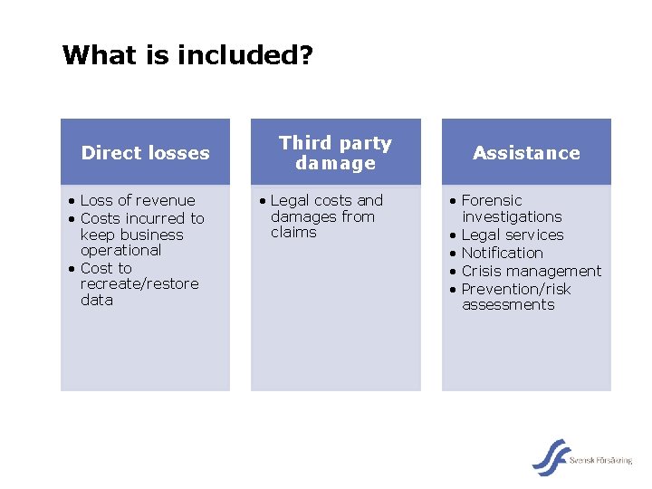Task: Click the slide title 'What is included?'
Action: (x=187, y=56)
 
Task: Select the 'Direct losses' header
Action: (x=145, y=153)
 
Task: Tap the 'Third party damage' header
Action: (x=335, y=153)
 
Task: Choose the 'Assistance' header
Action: (x=526, y=153)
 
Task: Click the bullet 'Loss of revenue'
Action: (x=138, y=200)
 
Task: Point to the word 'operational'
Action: (x=120, y=250)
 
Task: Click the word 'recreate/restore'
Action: (x=139, y=284)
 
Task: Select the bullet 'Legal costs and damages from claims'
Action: (x=326, y=216)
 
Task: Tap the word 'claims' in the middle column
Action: (x=293, y=233)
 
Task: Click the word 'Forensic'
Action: (x=492, y=200)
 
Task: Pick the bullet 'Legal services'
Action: (x=512, y=235)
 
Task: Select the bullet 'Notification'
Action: (x=502, y=253)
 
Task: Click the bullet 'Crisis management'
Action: (x=531, y=271)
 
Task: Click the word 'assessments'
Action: (x=508, y=305)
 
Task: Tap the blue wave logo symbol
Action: (x=550, y=456)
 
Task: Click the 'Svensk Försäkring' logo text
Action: (x=601, y=461)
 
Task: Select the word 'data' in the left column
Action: (x=97, y=301)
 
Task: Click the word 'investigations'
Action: (x=512, y=217)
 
